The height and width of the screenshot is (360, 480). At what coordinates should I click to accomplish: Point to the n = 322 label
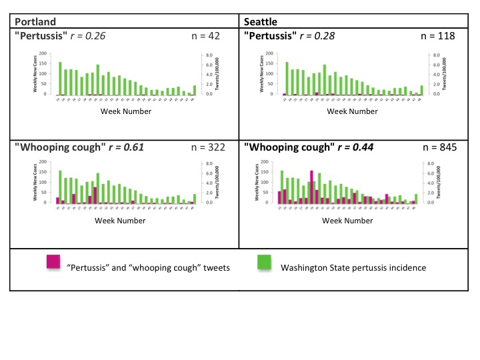(208, 146)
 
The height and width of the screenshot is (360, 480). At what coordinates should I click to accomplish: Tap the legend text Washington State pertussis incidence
(353, 268)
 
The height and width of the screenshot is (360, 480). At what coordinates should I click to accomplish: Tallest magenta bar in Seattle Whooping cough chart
(311, 187)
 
